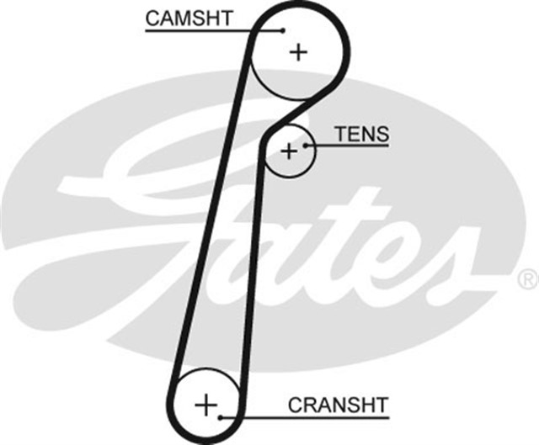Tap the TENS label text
pos(361,134)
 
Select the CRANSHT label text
pos(338,405)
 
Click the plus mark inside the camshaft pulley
pos(298,52)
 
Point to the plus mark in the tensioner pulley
pos(289,151)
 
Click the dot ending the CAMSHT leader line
pos(283,30)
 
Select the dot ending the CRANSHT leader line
pos(221,416)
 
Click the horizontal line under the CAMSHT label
pos(202,30)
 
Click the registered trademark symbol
pos(526,278)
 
